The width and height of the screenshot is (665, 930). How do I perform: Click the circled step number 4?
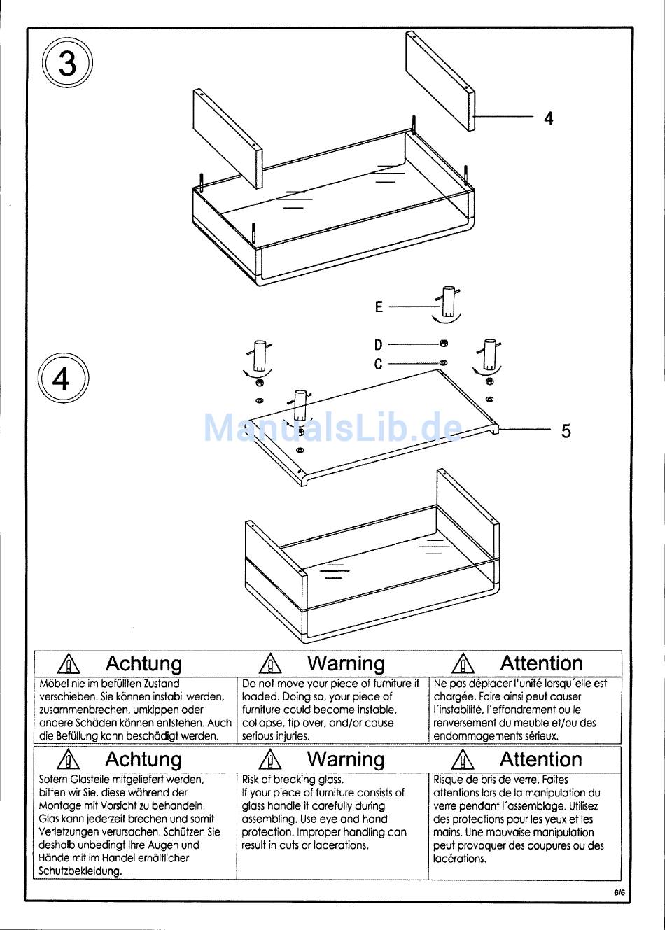pos(62,379)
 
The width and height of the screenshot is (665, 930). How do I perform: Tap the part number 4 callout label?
pos(548,118)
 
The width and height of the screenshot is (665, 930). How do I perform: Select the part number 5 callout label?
pos(566,431)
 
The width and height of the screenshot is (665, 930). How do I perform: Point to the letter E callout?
pos(379,307)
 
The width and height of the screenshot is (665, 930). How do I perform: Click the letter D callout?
pos(379,344)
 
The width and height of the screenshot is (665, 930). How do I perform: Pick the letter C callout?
pos(379,364)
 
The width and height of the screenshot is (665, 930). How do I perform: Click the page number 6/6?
pos(619,892)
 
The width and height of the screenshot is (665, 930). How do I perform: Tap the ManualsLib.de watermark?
pos(332,428)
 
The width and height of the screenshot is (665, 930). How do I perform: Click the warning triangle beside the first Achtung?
pos(69,663)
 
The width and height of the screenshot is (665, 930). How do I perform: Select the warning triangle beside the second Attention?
pos(463,759)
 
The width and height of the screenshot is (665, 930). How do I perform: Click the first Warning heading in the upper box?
pos(346,663)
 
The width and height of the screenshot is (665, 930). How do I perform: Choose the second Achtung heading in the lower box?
pos(143,759)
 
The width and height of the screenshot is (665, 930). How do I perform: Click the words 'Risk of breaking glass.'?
pos(293,780)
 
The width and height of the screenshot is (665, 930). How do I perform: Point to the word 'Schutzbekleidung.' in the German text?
pos(80,871)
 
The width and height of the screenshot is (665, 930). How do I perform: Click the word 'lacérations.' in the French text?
pos(459,859)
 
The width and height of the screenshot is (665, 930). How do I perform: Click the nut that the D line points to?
pos(444,344)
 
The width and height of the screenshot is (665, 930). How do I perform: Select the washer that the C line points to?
pos(444,363)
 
